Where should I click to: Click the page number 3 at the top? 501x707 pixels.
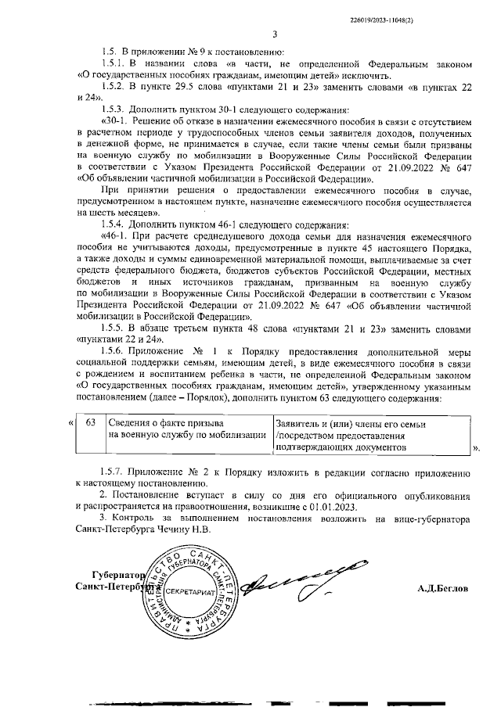click(275, 33)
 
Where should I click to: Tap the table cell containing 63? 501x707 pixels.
click(90, 423)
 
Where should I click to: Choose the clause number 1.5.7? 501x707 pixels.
click(115, 475)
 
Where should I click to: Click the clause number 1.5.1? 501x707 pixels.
click(115, 62)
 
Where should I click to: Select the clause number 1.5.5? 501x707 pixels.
click(115, 328)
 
